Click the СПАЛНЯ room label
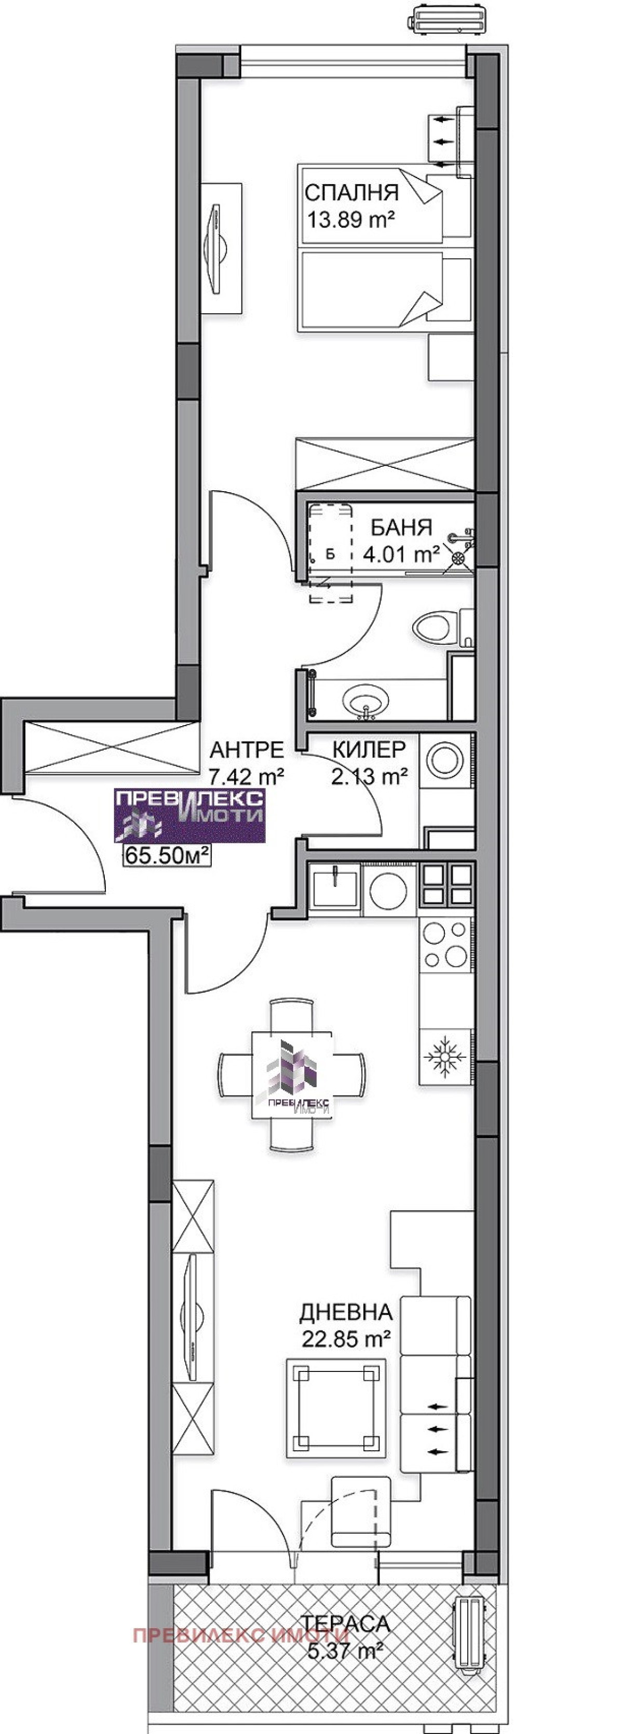[351, 192]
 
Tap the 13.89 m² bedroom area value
[350, 219]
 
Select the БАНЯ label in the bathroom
[401, 527]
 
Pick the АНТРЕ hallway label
[247, 749]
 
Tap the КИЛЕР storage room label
[369, 749]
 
